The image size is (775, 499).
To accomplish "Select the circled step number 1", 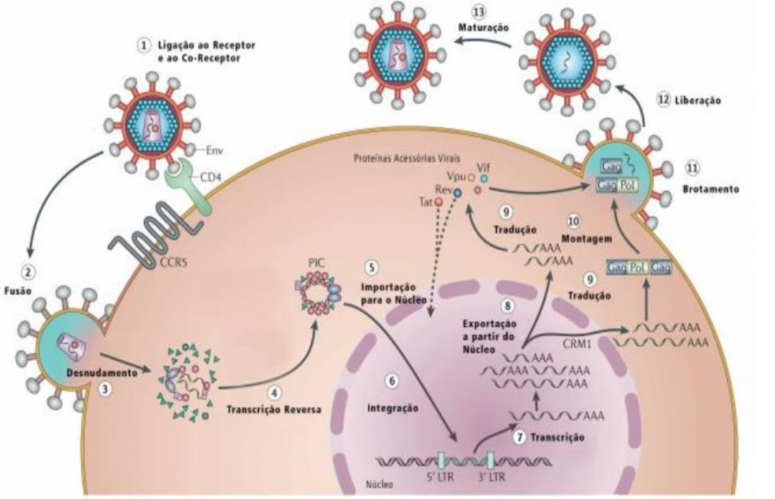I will (x=143, y=46).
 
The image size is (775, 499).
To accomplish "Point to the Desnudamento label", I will (x=101, y=373).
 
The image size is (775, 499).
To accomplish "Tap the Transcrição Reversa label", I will (x=274, y=409).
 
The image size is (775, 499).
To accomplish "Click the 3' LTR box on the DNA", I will (x=490, y=460).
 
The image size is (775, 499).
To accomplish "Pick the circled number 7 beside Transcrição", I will (x=520, y=437).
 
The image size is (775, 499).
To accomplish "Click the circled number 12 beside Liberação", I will (x=664, y=100).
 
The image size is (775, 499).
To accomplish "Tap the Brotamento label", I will (x=710, y=189).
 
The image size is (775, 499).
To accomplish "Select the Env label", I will (x=215, y=149).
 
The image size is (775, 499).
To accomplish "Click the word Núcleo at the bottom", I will (x=379, y=484).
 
